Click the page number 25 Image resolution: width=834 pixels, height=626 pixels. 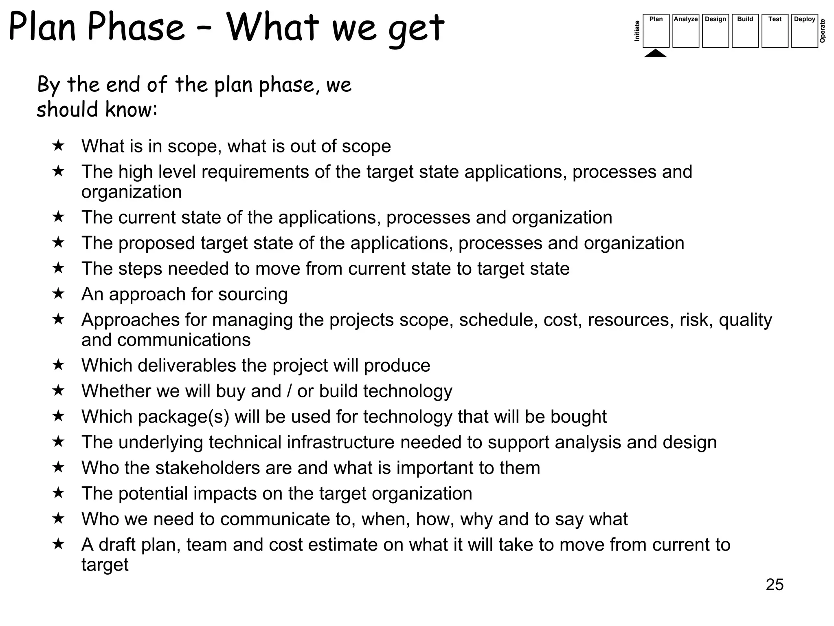pyautogui.click(x=775, y=584)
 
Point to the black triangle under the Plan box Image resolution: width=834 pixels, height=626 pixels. pyautogui.click(x=656, y=53)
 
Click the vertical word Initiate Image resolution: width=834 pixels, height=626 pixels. pyautogui.click(x=637, y=31)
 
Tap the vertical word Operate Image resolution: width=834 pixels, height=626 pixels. pyautogui.click(x=823, y=31)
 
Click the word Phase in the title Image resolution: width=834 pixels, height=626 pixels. pyautogui.click(x=136, y=28)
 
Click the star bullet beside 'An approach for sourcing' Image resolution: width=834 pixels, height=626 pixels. pyautogui.click(x=59, y=293)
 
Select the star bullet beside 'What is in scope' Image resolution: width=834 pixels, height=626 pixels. pyautogui.click(x=59, y=145)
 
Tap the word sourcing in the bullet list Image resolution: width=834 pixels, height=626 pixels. pyautogui.click(x=247, y=294)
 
